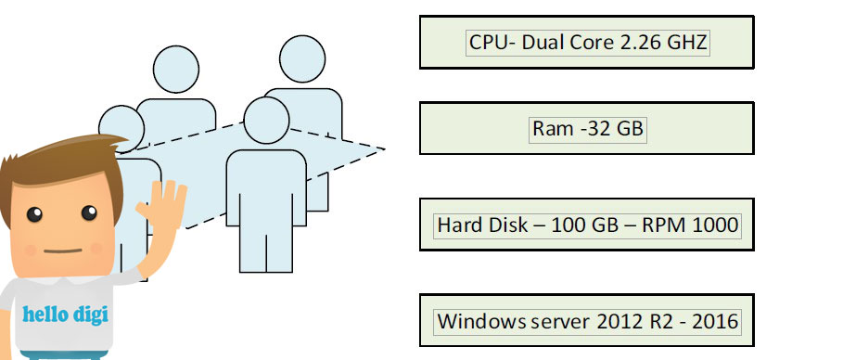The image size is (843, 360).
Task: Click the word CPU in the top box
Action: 488,43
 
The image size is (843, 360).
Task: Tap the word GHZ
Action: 687,43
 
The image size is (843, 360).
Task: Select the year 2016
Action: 715,321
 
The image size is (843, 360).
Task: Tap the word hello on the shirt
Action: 45,314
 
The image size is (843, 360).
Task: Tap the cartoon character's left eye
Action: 34,214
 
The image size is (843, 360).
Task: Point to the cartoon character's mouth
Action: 62,251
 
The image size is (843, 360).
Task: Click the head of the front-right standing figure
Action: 267,120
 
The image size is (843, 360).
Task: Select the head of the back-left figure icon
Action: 176,69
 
